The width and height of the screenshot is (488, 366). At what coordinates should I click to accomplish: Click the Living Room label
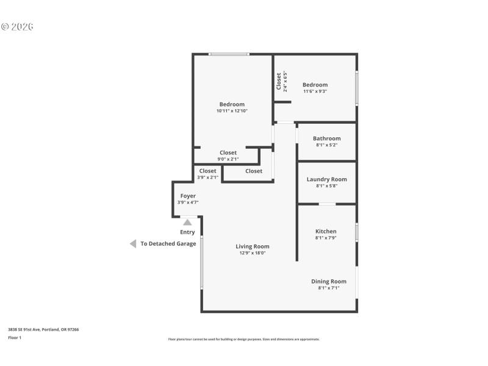(x=253, y=246)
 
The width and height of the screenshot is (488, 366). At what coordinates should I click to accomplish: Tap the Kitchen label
(x=326, y=231)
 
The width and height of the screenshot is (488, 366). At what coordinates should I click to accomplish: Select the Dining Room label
(x=329, y=281)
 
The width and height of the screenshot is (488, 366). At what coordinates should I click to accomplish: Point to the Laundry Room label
(x=326, y=179)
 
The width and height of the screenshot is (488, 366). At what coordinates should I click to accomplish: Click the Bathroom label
(x=326, y=138)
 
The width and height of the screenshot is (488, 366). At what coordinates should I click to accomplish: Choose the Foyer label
(x=188, y=196)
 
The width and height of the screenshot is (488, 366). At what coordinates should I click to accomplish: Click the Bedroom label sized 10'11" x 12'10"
(x=232, y=104)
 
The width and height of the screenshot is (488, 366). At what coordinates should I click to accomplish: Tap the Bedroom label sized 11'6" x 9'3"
(x=315, y=85)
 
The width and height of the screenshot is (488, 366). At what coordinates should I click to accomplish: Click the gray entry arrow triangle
(x=187, y=223)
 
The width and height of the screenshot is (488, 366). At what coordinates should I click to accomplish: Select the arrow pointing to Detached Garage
(x=132, y=243)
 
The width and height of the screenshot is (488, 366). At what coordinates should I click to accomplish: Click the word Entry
(x=187, y=232)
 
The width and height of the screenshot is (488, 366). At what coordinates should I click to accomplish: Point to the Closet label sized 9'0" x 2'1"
(x=228, y=152)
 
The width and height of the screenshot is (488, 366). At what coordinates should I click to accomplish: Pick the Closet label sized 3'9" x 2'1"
(x=207, y=171)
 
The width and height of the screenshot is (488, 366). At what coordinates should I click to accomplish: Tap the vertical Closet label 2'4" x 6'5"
(x=279, y=81)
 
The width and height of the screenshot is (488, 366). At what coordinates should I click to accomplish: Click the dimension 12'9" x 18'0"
(x=253, y=253)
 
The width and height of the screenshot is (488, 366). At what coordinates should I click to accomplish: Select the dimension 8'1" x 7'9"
(x=326, y=238)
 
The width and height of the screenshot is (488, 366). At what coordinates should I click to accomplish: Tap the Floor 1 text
(x=15, y=337)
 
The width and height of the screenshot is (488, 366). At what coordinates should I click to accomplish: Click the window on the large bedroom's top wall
(x=229, y=54)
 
